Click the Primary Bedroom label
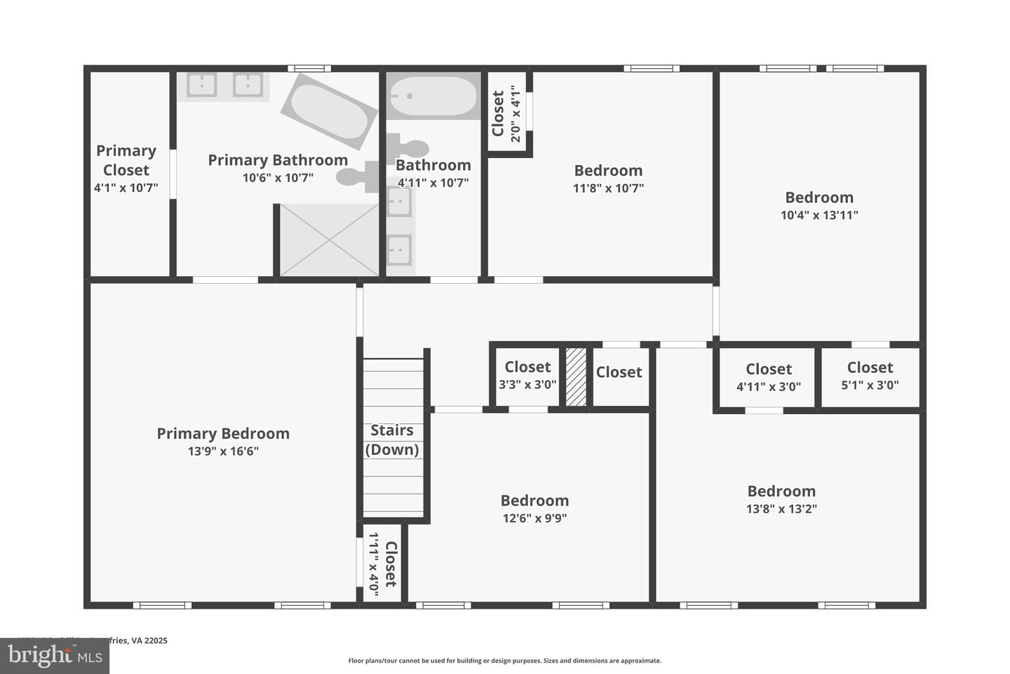[222, 434]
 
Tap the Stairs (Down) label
[391, 440]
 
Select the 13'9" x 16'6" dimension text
[222, 451]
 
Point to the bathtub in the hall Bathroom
[433, 96]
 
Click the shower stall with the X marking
[329, 240]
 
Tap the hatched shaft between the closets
[576, 376]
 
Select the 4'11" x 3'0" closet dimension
[768, 386]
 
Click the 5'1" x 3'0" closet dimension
[870, 385]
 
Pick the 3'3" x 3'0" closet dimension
[527, 384]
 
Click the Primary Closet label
[126, 160]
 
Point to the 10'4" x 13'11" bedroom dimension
[819, 216]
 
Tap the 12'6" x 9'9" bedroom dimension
[534, 519]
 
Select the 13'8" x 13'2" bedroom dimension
[781, 509]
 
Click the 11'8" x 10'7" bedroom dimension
[608, 188]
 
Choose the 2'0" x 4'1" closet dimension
[516, 114]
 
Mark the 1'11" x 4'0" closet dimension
[374, 565]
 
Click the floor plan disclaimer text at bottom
[504, 661]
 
